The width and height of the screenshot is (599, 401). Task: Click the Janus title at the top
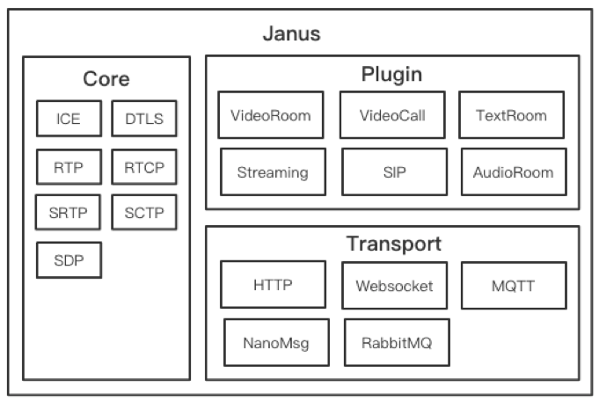(291, 35)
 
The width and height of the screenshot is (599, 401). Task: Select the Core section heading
(106, 79)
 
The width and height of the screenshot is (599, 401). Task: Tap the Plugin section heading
(391, 74)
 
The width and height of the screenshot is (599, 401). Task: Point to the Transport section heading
(392, 244)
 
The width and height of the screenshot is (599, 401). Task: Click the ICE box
(69, 119)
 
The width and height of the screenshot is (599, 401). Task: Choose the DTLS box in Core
(144, 119)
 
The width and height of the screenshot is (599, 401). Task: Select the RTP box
(69, 167)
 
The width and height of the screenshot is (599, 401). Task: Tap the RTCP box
(144, 167)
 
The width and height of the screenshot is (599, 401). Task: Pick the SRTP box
(69, 212)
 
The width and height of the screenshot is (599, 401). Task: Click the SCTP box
(144, 212)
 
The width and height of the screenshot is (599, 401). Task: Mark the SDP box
(69, 259)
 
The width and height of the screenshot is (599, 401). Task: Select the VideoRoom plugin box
(271, 115)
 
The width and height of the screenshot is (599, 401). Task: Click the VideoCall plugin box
(392, 115)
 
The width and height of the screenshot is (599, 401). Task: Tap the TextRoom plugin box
(511, 115)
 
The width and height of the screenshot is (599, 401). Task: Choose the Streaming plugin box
(273, 171)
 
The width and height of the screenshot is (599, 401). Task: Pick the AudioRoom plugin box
(513, 171)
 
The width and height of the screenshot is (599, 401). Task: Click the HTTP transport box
(273, 285)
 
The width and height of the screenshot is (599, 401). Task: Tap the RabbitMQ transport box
(396, 342)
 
